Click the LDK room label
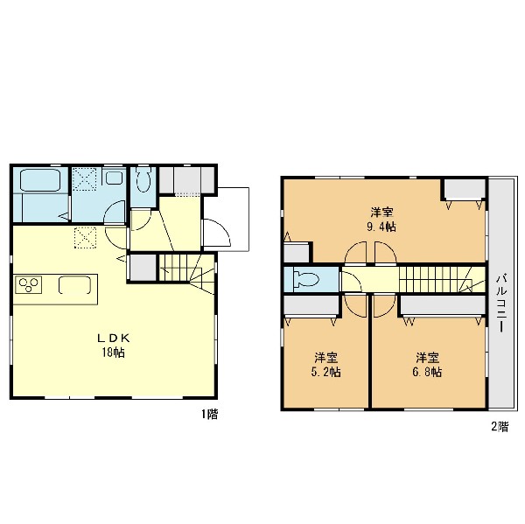click(x=114, y=339)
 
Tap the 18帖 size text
click(x=114, y=353)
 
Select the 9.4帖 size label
click(x=381, y=227)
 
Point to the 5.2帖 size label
click(x=326, y=372)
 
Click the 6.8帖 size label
click(x=427, y=372)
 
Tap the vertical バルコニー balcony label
click(x=501, y=303)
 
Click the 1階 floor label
click(x=210, y=414)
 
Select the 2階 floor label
click(x=500, y=427)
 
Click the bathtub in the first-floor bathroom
click(x=40, y=180)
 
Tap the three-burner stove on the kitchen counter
click(x=28, y=284)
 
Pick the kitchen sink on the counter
click(x=74, y=285)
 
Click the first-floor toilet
click(x=143, y=180)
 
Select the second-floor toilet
click(x=305, y=279)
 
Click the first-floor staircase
click(x=186, y=269)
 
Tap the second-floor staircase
click(x=442, y=279)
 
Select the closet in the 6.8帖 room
click(x=443, y=305)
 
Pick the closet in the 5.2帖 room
click(x=311, y=305)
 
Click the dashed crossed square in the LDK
click(x=85, y=238)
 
